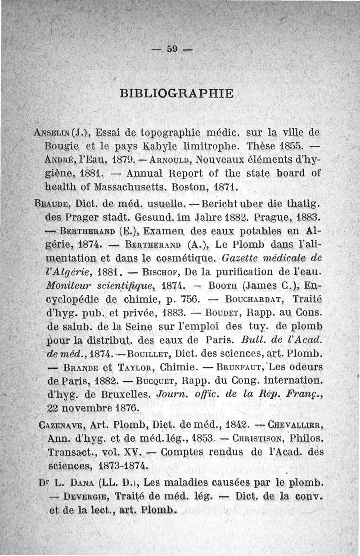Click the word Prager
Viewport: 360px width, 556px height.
(83, 217)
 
